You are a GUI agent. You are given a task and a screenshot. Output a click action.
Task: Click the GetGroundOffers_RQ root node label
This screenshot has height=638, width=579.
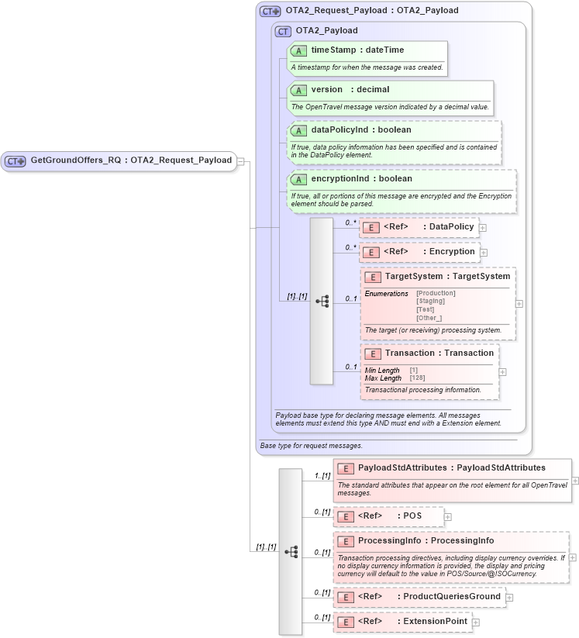pyautogui.click(x=130, y=160)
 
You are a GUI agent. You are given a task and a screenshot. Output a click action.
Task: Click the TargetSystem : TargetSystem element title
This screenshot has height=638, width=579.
pyautogui.click(x=447, y=276)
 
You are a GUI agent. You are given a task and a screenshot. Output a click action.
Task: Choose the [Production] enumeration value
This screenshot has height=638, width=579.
pyautogui.click(x=436, y=293)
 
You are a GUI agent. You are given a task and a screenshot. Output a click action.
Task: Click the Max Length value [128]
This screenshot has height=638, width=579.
pyautogui.click(x=418, y=378)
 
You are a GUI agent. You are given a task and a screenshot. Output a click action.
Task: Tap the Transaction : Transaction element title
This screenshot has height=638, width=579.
pyautogui.click(x=439, y=353)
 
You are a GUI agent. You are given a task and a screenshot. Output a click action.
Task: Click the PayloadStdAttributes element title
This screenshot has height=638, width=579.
pyautogui.click(x=451, y=467)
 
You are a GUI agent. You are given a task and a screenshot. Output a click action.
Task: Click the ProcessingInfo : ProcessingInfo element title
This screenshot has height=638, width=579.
pyautogui.click(x=426, y=540)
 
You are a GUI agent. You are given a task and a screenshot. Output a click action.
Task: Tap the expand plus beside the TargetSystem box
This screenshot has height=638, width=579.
pyautogui.click(x=519, y=303)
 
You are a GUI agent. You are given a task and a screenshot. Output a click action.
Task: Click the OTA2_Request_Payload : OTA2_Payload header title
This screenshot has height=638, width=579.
pyautogui.click(x=371, y=11)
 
